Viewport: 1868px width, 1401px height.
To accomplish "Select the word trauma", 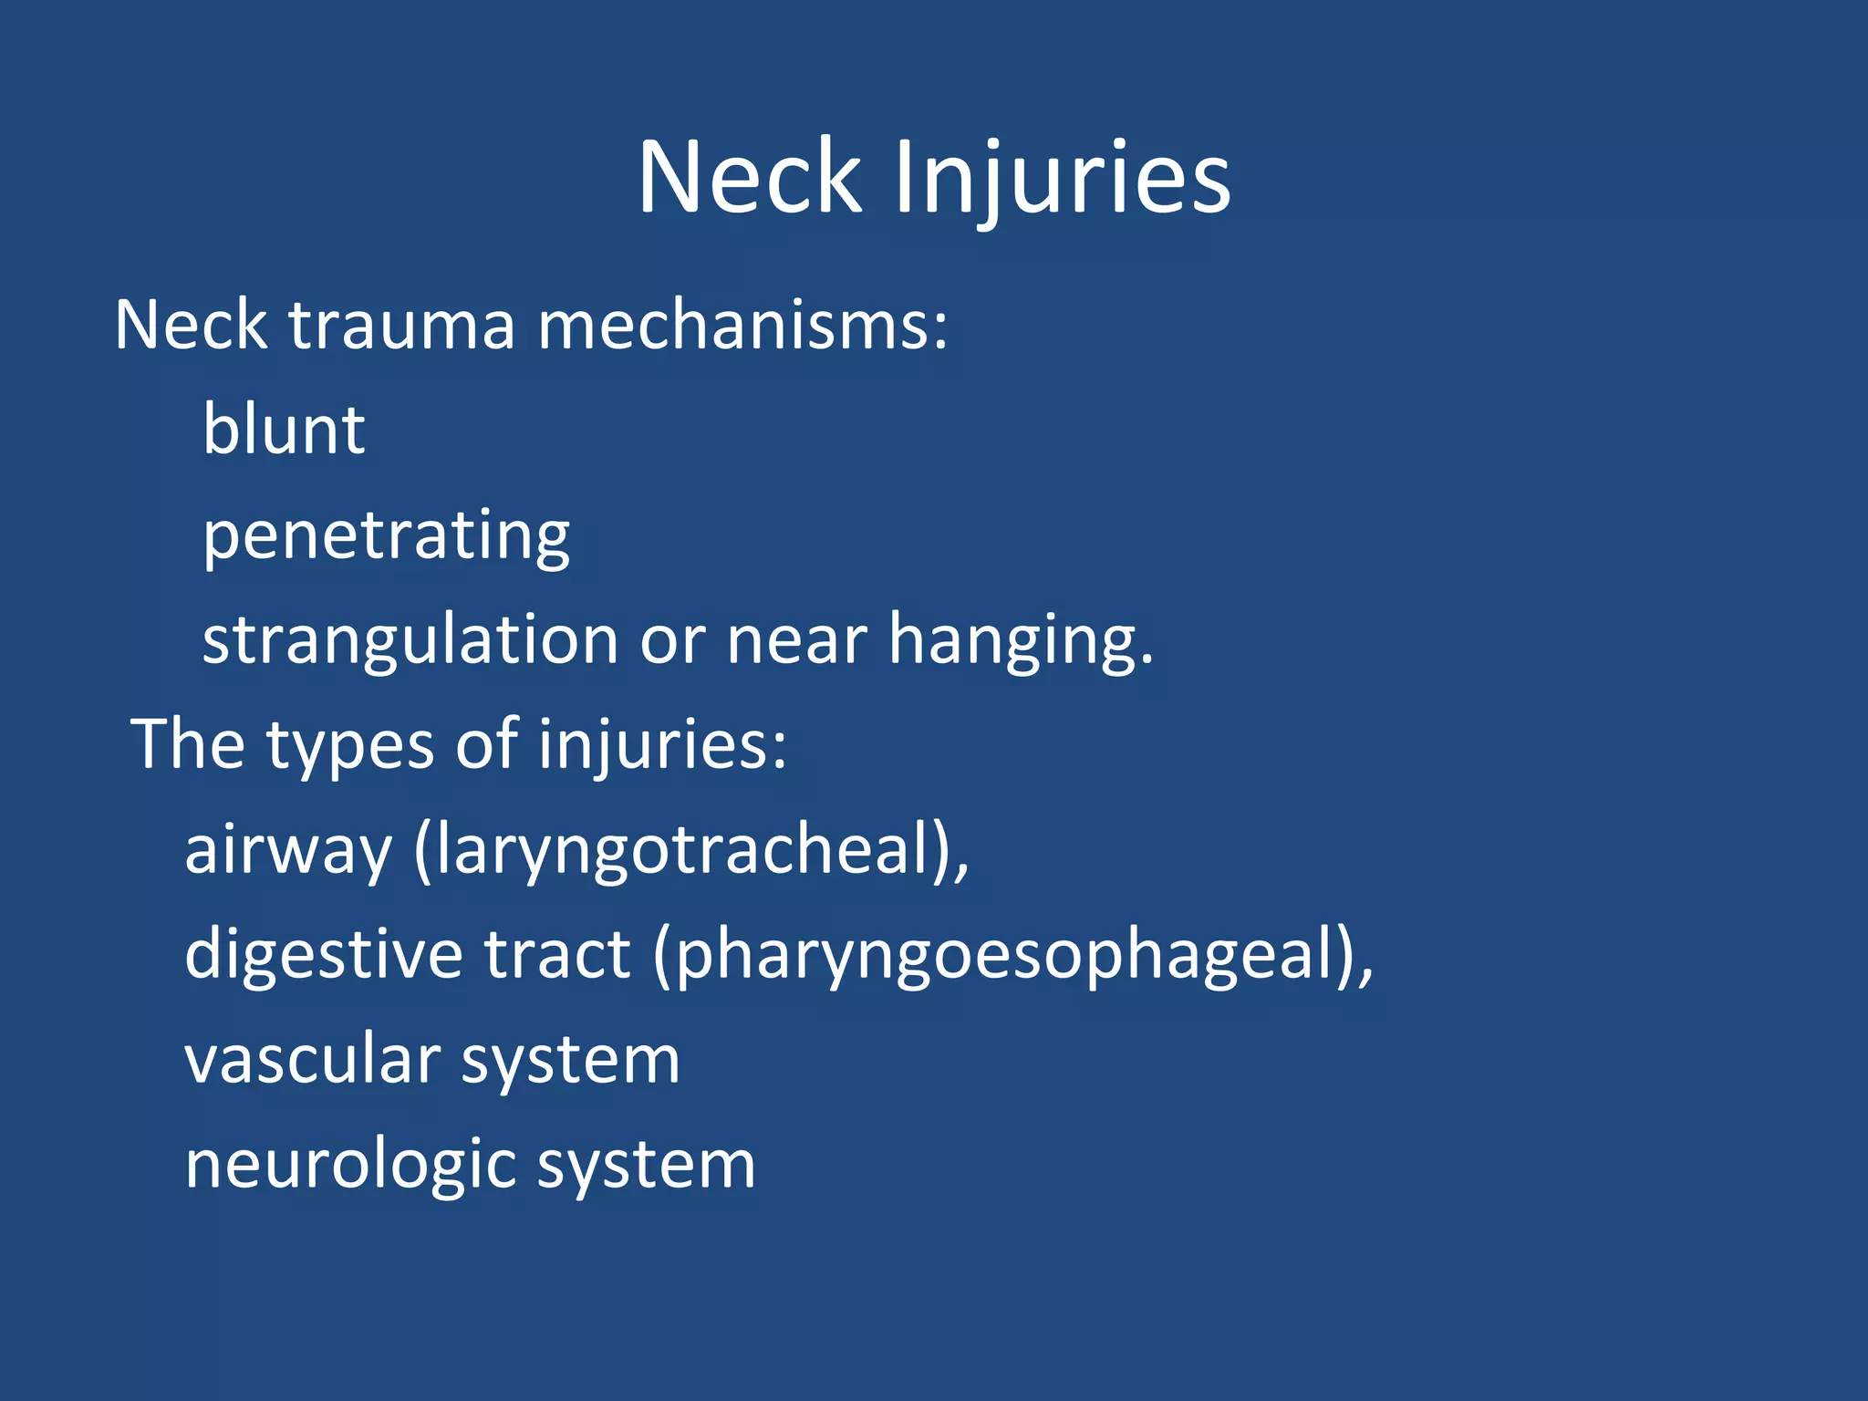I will point(402,325).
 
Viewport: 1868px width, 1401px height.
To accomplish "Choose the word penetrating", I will point(386,536).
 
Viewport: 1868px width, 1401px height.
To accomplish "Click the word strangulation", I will point(410,641).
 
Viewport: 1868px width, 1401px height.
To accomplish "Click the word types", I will point(350,746).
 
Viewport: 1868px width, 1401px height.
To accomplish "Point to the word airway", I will point(288,851).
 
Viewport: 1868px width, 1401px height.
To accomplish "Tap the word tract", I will point(556,954).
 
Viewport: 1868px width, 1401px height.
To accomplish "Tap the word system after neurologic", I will point(646,1166).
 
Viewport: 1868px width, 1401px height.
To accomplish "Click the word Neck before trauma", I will point(191,325).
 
